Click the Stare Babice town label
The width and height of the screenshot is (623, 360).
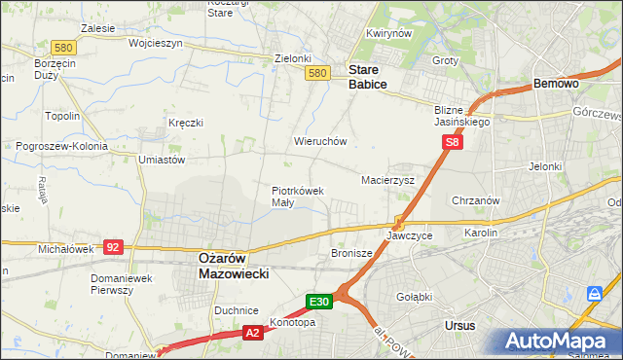pyautogui.click(x=368, y=77)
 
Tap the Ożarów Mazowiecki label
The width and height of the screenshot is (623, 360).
pyautogui.click(x=227, y=267)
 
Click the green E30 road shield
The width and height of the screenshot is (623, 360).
pyautogui.click(x=321, y=302)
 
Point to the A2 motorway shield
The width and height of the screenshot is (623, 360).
pyautogui.click(x=252, y=333)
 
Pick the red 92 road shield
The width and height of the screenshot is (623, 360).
pyautogui.click(x=113, y=247)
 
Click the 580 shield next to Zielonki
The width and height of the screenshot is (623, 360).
pyautogui.click(x=315, y=73)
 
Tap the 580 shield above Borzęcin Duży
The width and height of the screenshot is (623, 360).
pyautogui.click(x=38, y=47)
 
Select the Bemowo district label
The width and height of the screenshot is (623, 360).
pyautogui.click(x=557, y=85)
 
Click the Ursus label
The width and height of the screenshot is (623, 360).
pyautogui.click(x=458, y=326)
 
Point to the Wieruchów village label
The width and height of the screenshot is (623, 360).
pyautogui.click(x=320, y=141)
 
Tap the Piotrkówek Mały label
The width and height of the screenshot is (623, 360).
pyautogui.click(x=297, y=197)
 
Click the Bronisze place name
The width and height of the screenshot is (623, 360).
pyautogui.click(x=352, y=253)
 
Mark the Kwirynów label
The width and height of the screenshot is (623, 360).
pyautogui.click(x=385, y=33)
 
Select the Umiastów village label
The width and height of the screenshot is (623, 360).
pyautogui.click(x=162, y=160)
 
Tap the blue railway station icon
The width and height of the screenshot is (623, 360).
pyautogui.click(x=594, y=293)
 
